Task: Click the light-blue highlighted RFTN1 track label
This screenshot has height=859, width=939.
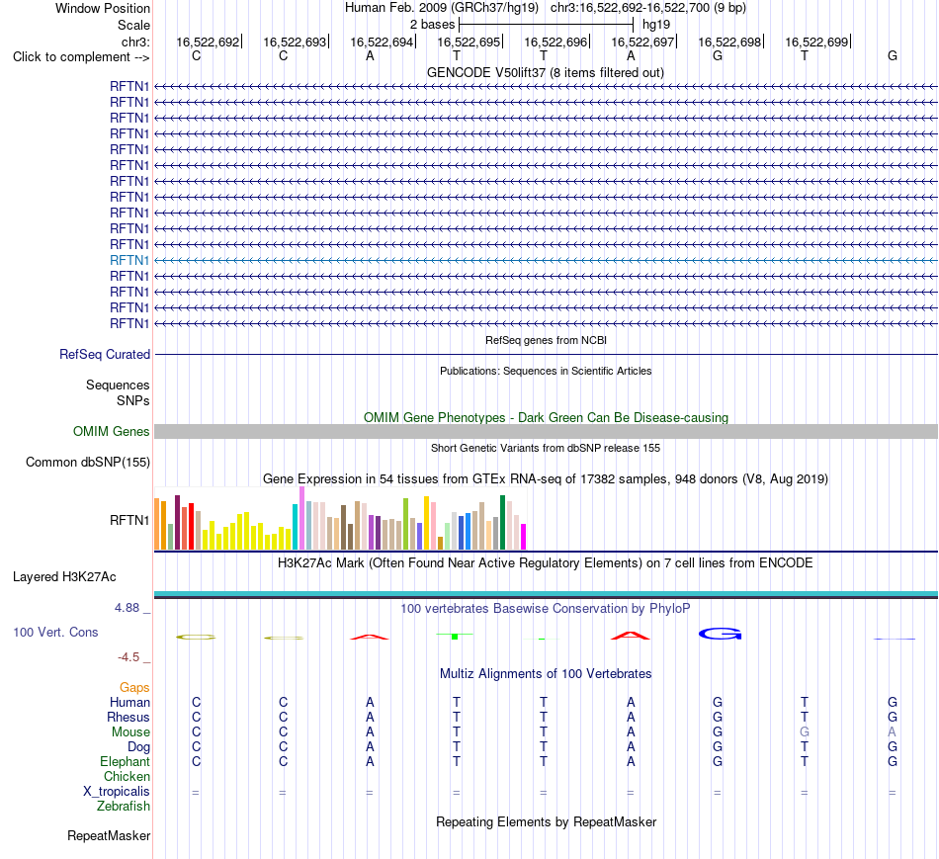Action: pyautogui.click(x=129, y=260)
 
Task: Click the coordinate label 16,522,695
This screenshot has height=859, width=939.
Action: pyautogui.click(x=469, y=42)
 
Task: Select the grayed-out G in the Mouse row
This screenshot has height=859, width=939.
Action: pyautogui.click(x=805, y=732)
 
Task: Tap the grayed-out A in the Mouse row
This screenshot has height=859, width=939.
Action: pyautogui.click(x=892, y=732)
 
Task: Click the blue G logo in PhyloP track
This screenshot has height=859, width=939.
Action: pyautogui.click(x=720, y=634)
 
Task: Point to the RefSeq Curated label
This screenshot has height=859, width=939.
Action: pyautogui.click(x=105, y=354)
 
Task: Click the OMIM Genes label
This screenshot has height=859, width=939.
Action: pyautogui.click(x=112, y=431)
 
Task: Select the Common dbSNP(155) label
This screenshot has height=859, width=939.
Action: pyautogui.click(x=88, y=462)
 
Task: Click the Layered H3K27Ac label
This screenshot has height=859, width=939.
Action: pyautogui.click(x=64, y=577)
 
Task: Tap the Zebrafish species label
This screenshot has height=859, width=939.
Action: pyautogui.click(x=124, y=807)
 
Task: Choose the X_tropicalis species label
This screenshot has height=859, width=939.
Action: pyautogui.click(x=117, y=792)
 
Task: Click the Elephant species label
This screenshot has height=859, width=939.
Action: pyautogui.click(x=126, y=761)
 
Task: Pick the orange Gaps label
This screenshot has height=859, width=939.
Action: pyautogui.click(x=134, y=688)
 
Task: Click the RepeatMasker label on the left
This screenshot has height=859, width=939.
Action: pyautogui.click(x=109, y=835)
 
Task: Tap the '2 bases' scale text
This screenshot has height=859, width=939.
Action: pyautogui.click(x=432, y=25)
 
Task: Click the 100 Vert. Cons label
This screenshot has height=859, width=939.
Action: pyautogui.click(x=55, y=632)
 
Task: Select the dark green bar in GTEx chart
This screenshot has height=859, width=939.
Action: pyautogui.click(x=502, y=522)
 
